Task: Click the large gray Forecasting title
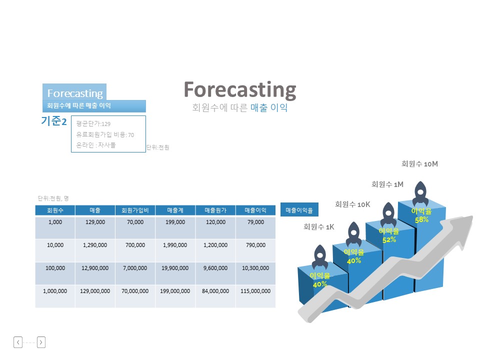[x=239, y=90]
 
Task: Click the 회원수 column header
[x=55, y=210]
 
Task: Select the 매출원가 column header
[x=215, y=210]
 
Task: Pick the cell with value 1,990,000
[x=175, y=250]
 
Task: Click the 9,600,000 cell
[x=215, y=273]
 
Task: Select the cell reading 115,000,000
[x=255, y=296]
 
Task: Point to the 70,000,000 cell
[x=135, y=296]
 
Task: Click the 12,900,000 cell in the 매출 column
[x=95, y=273]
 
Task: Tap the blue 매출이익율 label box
[x=299, y=210]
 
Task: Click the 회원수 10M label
[x=419, y=164]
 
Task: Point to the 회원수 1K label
[x=318, y=227]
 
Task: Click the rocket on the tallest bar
[x=420, y=193]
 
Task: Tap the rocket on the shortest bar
[x=320, y=257]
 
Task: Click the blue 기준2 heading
[x=54, y=121]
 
